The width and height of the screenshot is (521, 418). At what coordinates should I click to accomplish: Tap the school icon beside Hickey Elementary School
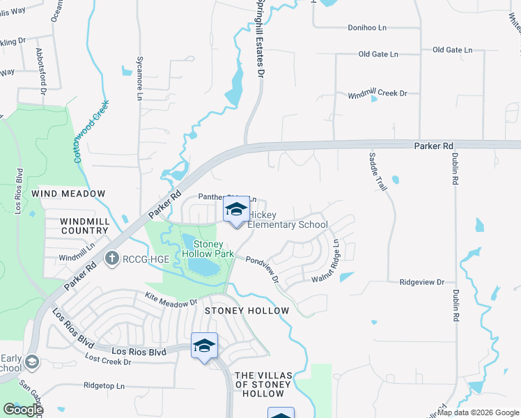coord(236,210)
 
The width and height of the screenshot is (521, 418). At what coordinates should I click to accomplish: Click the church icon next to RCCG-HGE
coord(111,259)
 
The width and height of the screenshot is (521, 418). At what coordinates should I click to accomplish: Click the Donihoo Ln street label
coord(366,28)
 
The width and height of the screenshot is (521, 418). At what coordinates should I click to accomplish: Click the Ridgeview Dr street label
coord(421,282)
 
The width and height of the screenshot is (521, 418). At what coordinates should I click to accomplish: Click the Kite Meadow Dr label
coord(171,300)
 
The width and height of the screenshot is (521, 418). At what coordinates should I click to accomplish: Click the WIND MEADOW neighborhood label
coord(69,193)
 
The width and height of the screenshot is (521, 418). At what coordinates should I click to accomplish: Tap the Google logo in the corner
coord(23,409)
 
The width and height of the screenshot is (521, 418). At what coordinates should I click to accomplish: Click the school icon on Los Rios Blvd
coord(204,346)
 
